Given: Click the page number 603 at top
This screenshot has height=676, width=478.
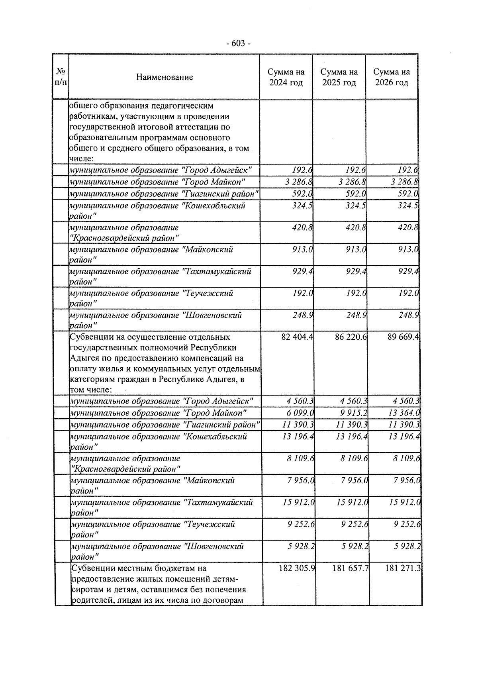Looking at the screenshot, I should coord(238,43).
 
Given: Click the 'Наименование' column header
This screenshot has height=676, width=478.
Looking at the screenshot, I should coord(165,77).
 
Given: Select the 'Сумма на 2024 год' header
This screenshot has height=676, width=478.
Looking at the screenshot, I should coord(286,77).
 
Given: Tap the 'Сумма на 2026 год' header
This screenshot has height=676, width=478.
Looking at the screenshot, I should coord(391,77).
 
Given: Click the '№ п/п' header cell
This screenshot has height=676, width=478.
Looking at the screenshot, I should coord(61,77).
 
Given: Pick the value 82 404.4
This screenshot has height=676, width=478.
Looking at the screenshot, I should coord(297,337).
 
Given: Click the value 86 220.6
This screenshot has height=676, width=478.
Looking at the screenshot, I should coord(351,337).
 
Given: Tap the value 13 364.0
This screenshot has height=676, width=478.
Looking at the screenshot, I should coord(404,413).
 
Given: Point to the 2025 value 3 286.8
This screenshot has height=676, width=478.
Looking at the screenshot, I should coord(352,182).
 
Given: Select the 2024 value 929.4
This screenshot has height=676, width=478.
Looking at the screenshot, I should coord(302,272).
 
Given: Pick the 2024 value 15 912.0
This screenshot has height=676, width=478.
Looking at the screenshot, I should coord(298,502).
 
